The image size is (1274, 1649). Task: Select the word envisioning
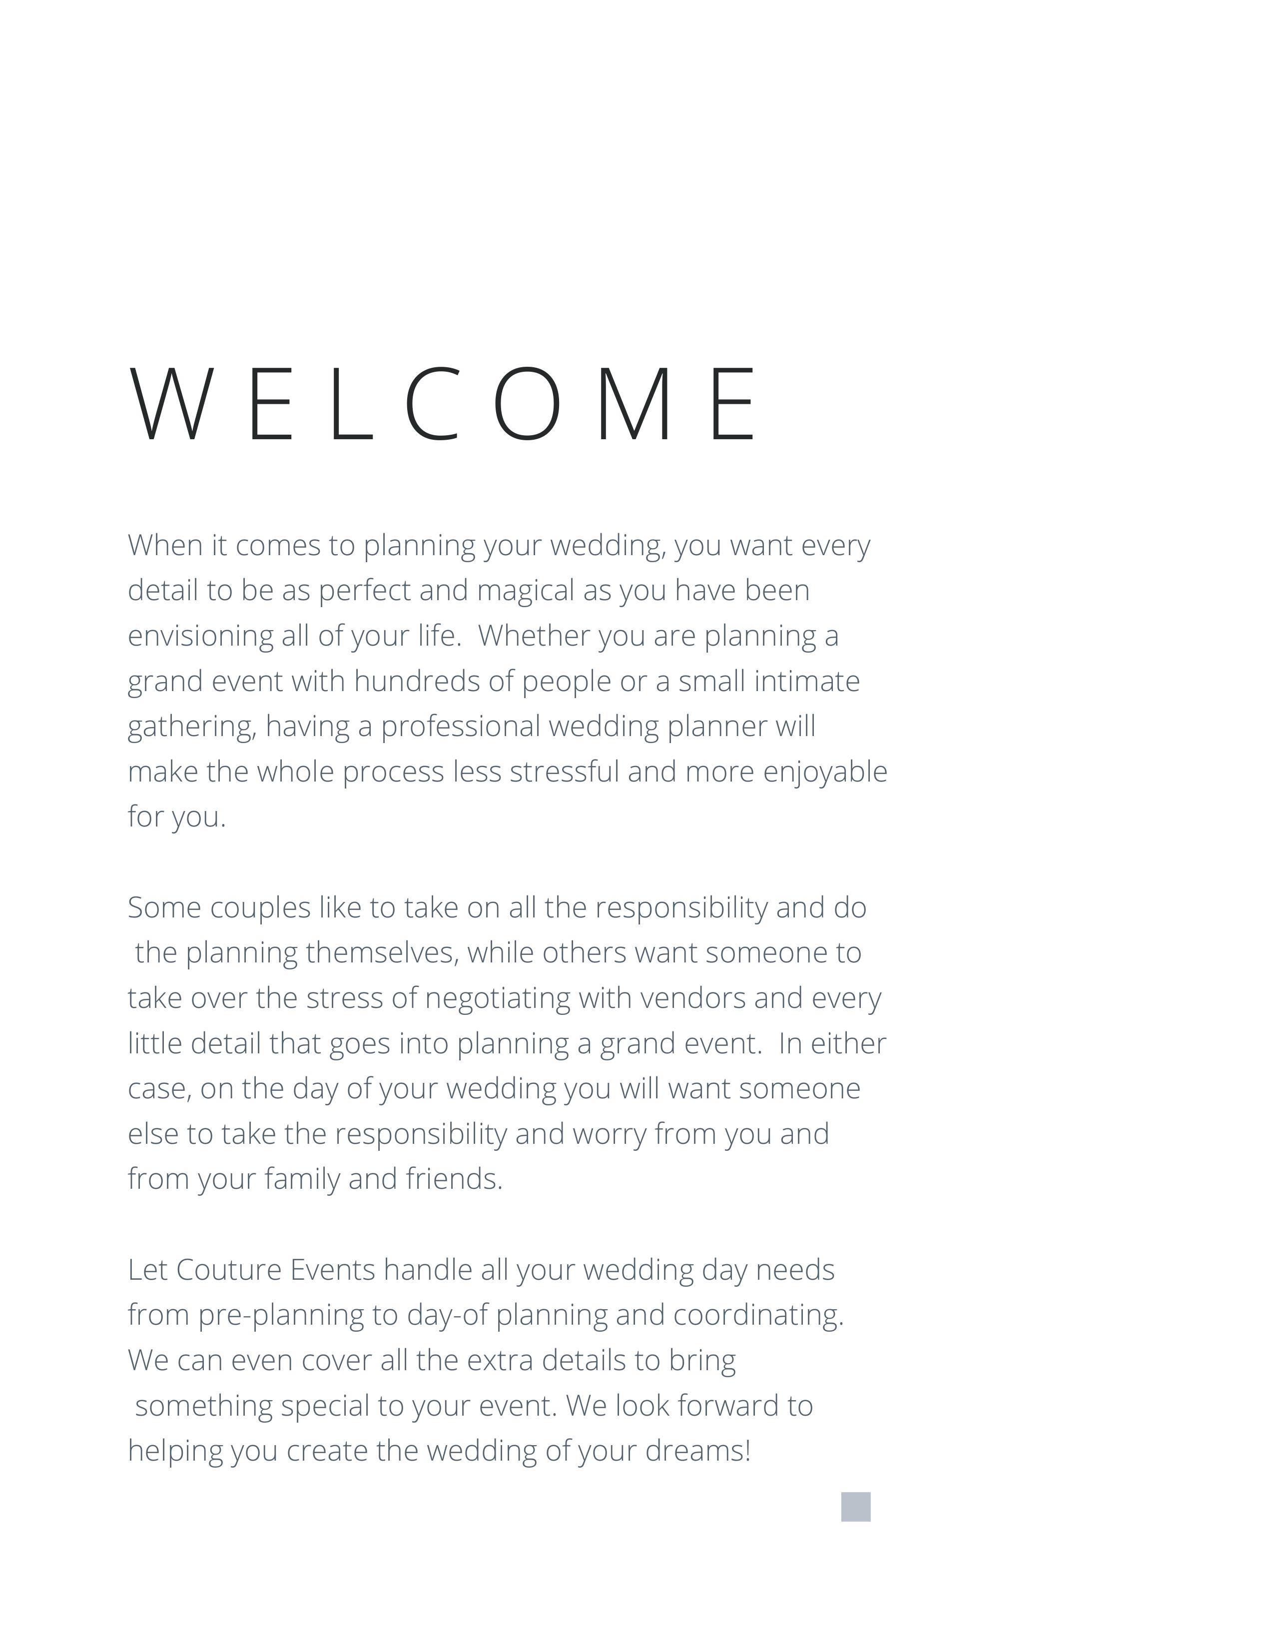pyautogui.click(x=200, y=636)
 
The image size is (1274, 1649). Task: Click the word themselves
pyautogui.click(x=382, y=953)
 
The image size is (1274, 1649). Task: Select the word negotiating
pyautogui.click(x=498, y=999)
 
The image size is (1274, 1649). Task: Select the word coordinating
pyautogui.click(x=758, y=1315)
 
